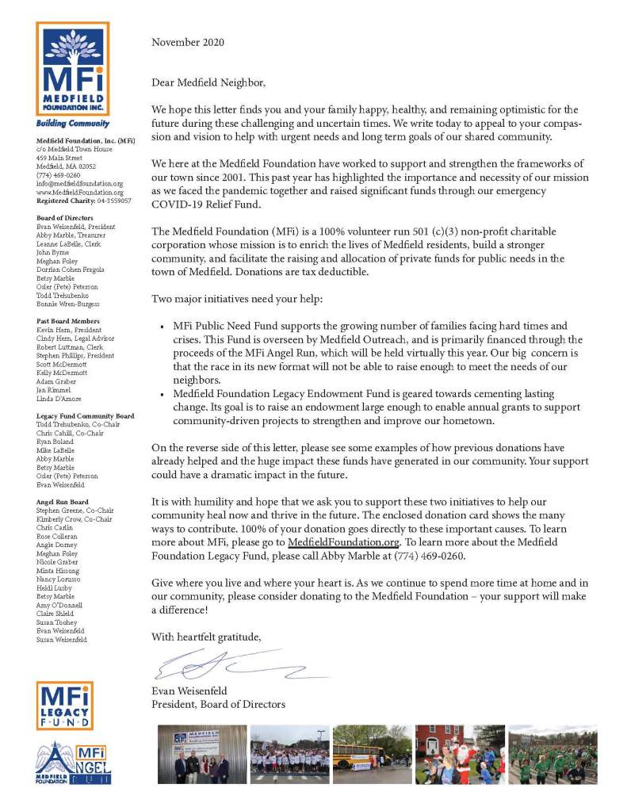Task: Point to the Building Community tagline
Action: click(x=72, y=124)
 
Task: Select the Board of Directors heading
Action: click(x=65, y=217)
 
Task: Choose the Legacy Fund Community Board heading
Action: click(x=85, y=416)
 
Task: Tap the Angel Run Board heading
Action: click(x=63, y=502)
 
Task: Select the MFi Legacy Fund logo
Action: click(x=64, y=706)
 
